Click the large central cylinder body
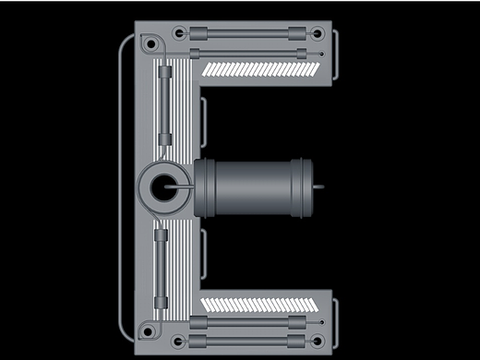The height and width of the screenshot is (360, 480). [x=254, y=187]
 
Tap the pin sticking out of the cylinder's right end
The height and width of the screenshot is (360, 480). [x=318, y=186]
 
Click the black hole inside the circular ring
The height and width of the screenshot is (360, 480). [x=163, y=187]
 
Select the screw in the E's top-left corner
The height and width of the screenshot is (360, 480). [x=150, y=44]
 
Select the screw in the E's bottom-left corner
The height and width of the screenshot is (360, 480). [x=148, y=332]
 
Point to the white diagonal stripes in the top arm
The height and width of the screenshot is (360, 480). [x=261, y=69]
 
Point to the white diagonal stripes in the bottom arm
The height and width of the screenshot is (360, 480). [x=259, y=305]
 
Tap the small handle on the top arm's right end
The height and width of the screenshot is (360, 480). [x=336, y=54]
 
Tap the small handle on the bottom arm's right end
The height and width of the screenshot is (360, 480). [x=336, y=324]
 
